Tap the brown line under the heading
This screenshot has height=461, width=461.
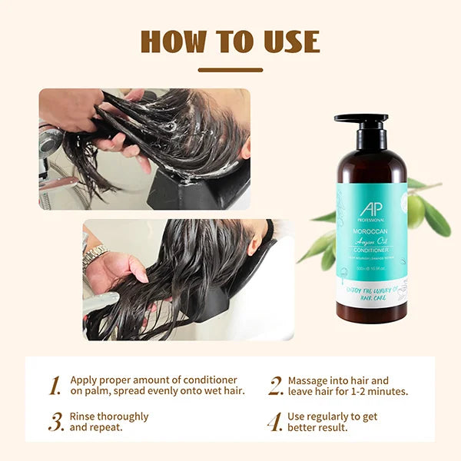click(230, 70)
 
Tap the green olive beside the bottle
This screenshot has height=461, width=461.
click(416, 211)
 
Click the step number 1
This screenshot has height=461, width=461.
click(55, 386)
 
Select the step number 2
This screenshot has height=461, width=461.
click(276, 386)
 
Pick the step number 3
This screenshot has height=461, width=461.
click(56, 422)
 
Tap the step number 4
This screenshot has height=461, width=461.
click(275, 422)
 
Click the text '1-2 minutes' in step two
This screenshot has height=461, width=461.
click(380, 392)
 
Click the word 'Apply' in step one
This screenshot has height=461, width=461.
click(85, 380)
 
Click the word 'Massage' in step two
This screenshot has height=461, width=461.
click(309, 380)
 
